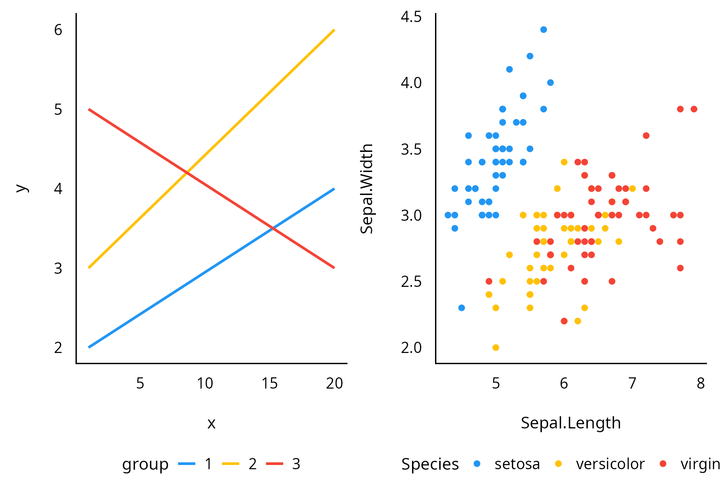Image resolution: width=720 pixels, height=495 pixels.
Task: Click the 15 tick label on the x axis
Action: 270,383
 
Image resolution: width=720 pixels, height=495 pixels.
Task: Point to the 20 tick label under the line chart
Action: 335,383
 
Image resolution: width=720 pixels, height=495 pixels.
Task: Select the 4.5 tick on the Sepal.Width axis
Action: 411,17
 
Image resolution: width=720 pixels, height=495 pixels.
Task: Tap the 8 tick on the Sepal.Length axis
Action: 700,383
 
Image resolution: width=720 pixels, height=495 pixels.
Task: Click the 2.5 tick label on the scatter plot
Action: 411,282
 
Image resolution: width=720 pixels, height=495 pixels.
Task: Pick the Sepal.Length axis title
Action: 570,423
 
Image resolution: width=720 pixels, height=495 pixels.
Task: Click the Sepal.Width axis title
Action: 367,188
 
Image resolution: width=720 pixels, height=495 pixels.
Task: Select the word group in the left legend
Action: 145,464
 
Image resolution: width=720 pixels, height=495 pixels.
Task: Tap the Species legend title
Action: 430,464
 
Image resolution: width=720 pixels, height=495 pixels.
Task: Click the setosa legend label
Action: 517,464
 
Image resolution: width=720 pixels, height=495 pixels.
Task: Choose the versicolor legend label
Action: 610,464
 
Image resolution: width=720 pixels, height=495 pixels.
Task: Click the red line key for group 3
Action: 275,464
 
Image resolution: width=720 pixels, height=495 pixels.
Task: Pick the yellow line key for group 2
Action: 231,464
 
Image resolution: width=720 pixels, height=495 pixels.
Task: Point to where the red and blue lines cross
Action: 273,228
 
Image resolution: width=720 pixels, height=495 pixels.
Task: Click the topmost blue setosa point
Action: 543,30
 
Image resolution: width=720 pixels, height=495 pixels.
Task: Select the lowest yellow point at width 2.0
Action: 495,347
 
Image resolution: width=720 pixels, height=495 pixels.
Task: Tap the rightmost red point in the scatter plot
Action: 694,109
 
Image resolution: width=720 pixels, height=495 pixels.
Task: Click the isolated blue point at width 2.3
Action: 461,308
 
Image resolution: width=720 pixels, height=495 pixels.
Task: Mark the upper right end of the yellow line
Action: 334,30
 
